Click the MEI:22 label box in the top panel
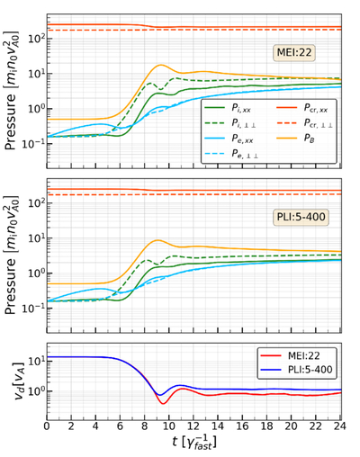click(x=294, y=53)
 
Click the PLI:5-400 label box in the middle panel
click(x=301, y=217)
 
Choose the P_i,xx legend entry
click(x=227, y=108)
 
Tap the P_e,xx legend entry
click(x=229, y=139)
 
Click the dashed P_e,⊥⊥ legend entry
click(x=231, y=154)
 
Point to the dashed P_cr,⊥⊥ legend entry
click(x=304, y=123)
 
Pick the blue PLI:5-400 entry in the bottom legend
click(x=296, y=370)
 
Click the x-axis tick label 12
click(x=193, y=426)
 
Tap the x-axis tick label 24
click(x=340, y=426)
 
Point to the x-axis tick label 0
click(x=47, y=426)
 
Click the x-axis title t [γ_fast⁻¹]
click(x=194, y=443)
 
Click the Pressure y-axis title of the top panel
click(x=11, y=90)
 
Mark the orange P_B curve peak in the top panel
click(x=161, y=65)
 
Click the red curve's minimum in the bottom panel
click(x=163, y=404)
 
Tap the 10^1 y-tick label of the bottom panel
click(x=35, y=361)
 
